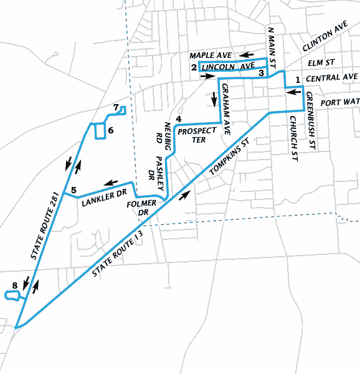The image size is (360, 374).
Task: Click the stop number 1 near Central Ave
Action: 298,79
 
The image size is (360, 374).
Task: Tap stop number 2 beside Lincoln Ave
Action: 194,67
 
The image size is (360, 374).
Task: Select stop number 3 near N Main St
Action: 261,73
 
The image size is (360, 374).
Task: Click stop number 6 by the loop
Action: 110,130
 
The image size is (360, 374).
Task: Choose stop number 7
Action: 116,107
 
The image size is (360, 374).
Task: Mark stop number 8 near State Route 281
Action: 14,286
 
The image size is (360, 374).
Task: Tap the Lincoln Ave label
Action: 229,67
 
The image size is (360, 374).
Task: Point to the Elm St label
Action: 321,63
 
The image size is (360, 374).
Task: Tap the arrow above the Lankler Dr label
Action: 111,183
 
